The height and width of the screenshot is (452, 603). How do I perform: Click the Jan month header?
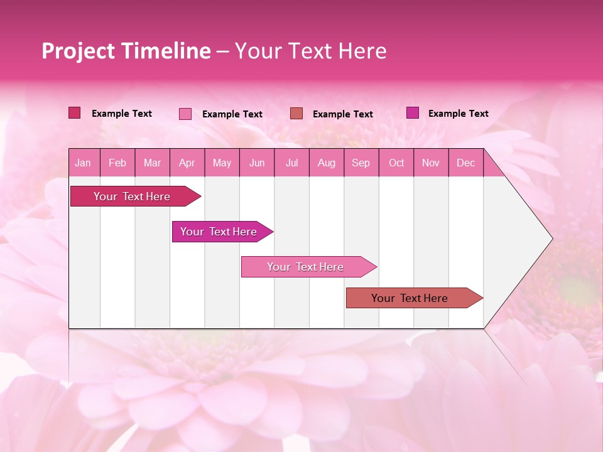click(83, 163)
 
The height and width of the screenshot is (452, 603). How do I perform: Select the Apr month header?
click(187, 163)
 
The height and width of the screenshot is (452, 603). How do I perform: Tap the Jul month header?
click(291, 163)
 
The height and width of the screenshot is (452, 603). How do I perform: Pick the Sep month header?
click(361, 163)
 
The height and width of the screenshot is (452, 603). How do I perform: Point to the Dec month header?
click(465, 163)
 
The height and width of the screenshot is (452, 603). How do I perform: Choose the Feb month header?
click(117, 163)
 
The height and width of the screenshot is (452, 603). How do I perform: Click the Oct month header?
click(396, 163)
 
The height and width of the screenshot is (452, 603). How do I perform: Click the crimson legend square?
click(75, 113)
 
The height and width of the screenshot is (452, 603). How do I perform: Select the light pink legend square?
click(185, 114)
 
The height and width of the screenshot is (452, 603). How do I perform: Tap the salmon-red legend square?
click(296, 114)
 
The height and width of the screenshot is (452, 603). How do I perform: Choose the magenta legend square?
click(413, 113)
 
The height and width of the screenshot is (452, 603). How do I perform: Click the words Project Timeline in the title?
click(126, 51)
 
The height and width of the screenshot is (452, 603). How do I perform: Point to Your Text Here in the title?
click(310, 51)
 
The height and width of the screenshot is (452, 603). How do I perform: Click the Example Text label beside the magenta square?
click(458, 114)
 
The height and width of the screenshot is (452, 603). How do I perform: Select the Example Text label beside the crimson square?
click(121, 114)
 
